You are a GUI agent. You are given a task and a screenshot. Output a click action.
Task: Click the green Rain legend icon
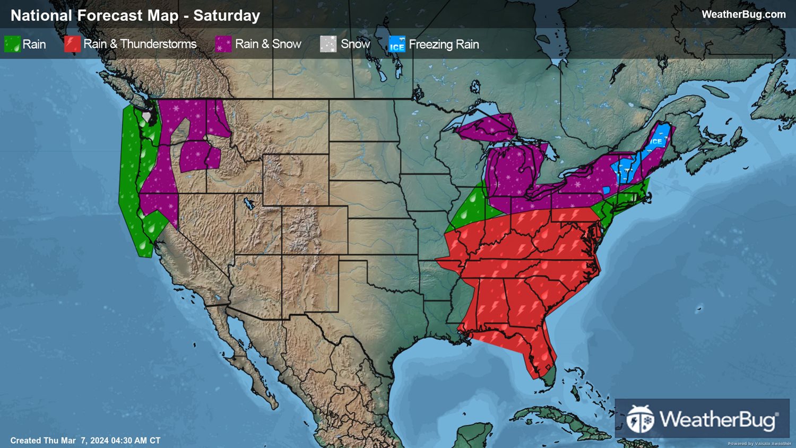12,44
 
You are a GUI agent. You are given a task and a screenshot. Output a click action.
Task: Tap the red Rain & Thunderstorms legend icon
72,44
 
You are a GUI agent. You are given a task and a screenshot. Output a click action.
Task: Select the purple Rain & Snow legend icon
223,44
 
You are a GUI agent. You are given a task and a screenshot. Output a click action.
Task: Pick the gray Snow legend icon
328,44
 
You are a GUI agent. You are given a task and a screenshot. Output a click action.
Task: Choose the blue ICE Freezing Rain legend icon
397,44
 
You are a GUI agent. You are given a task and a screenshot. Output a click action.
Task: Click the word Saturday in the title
227,15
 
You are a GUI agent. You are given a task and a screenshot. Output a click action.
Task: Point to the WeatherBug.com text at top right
743,14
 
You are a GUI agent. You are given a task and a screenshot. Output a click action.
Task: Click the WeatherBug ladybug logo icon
641,419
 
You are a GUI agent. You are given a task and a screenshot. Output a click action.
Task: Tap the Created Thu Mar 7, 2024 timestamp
85,441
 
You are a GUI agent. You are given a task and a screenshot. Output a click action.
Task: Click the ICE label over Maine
656,141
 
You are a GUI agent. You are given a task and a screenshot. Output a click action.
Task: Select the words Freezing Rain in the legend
444,44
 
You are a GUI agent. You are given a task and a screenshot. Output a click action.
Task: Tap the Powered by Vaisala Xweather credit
759,444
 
